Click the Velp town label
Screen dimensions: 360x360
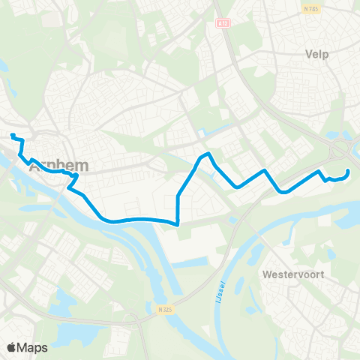tap(318, 54)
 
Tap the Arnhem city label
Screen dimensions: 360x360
tap(58, 166)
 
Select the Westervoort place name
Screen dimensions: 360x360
tap(293, 274)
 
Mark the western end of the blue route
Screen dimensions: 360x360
tap(12, 135)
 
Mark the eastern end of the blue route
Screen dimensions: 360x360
tap(349, 172)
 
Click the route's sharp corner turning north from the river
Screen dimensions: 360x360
tap(178, 223)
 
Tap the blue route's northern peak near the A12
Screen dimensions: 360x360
tap(209, 154)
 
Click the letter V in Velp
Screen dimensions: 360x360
tap(308, 54)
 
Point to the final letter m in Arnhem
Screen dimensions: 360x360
tap(82, 166)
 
